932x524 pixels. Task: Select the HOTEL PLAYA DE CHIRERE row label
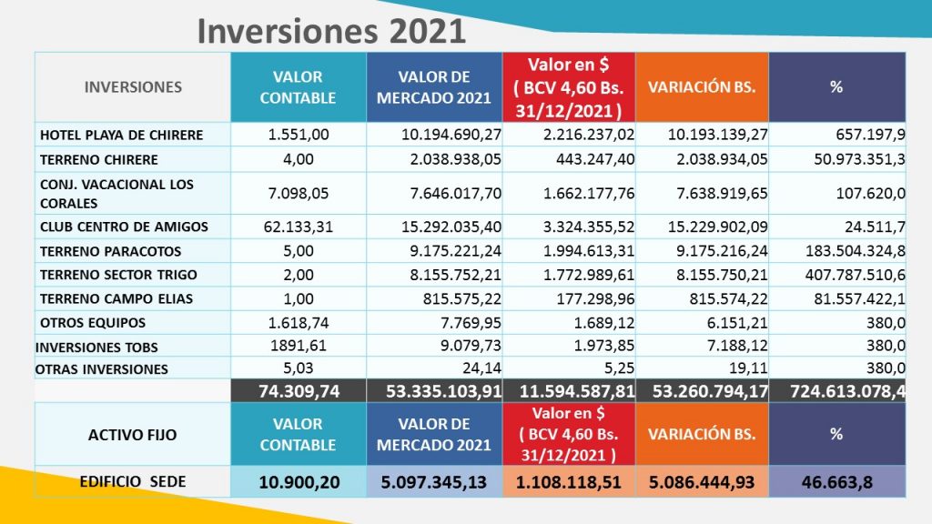tap(121, 135)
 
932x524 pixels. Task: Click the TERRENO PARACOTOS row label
tap(110, 251)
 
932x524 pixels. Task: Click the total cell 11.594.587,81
tap(568, 390)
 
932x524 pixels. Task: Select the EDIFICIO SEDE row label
tap(132, 482)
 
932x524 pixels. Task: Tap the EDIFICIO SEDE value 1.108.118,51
tap(568, 482)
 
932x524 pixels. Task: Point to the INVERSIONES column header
tap(133, 87)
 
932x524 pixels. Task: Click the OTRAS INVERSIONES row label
tap(102, 368)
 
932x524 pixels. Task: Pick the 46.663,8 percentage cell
tap(836, 482)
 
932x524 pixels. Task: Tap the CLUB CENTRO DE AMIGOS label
tap(124, 227)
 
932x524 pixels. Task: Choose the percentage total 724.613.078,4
tap(836, 390)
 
